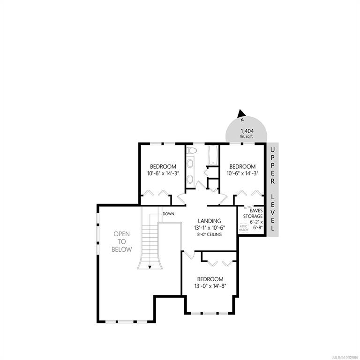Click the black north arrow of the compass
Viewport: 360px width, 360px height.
point(241,113)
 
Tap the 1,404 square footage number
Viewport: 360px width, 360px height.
point(247,131)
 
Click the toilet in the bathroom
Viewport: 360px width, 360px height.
point(192,150)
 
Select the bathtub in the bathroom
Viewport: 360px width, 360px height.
point(213,155)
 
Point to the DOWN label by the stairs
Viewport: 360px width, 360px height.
point(168,214)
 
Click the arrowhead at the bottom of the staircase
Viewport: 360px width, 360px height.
point(150,267)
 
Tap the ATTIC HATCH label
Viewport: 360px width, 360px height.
point(243,228)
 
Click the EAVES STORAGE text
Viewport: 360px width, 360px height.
point(253,213)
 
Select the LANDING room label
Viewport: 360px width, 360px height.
point(210,221)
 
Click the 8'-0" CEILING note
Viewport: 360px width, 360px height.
point(210,234)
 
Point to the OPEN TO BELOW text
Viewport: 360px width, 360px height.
point(122,241)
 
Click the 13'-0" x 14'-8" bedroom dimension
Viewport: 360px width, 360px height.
point(210,286)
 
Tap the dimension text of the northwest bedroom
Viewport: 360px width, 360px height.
point(163,173)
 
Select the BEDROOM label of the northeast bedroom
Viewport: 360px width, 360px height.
point(242,166)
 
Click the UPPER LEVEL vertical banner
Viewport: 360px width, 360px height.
point(272,189)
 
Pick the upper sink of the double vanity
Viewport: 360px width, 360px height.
point(190,164)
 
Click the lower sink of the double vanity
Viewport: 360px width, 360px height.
point(190,179)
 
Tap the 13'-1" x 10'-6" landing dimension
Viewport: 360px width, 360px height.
point(210,228)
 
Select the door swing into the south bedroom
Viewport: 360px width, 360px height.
point(189,255)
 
